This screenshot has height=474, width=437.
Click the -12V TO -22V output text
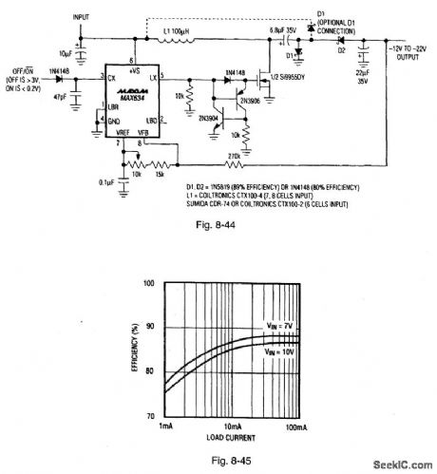coord(397,46)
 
